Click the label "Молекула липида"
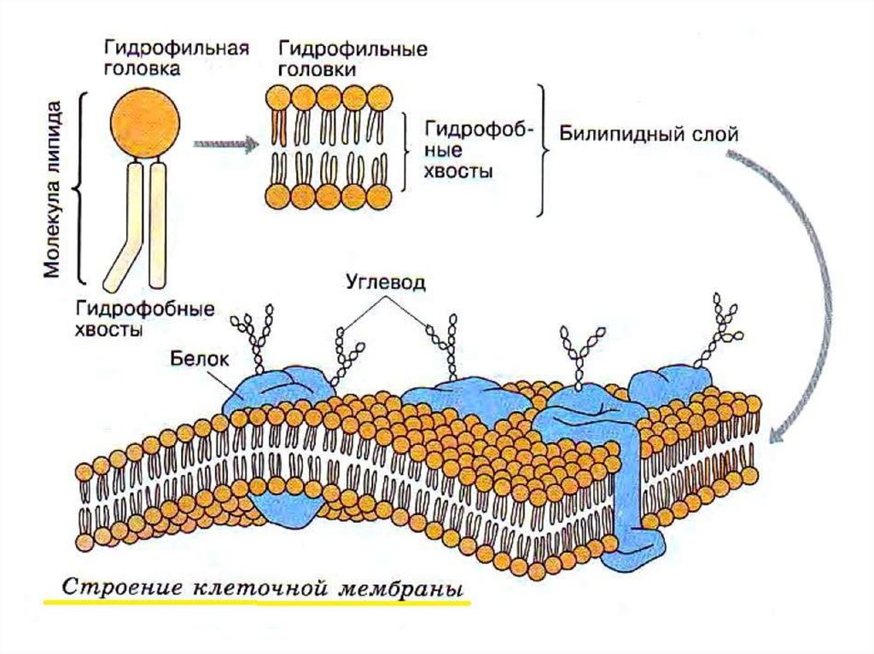point(53,192)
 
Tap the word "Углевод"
point(386,280)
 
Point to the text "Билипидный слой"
point(648,135)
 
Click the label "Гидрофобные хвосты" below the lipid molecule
point(144,318)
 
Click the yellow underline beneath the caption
point(256,603)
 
